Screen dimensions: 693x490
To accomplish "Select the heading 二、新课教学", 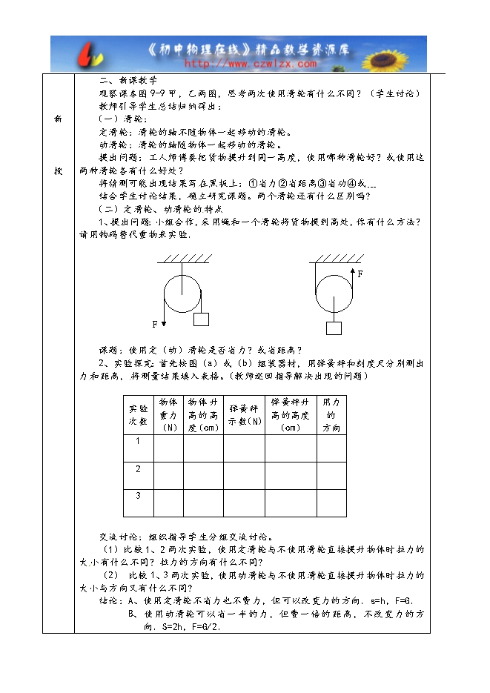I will (x=129, y=80).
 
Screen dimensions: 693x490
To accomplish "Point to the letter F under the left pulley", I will (x=156, y=324).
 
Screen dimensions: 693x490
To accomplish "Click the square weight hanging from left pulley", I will (x=201, y=319).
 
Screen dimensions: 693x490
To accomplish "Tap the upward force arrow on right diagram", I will (x=352, y=283).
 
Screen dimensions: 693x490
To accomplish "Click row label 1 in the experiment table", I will (x=138, y=441).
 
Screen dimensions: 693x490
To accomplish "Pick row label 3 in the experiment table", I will (x=138, y=495).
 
